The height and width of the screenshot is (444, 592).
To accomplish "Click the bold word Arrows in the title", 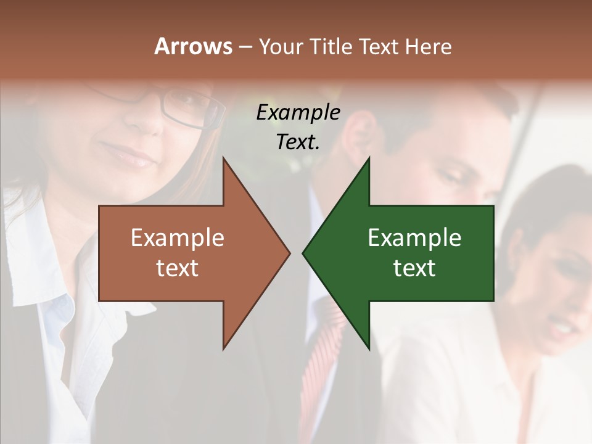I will point(192,46).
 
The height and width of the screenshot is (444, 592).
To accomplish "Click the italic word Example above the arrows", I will point(298,112).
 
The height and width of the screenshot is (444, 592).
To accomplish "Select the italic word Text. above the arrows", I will point(298,142).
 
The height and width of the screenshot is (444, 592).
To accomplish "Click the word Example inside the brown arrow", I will point(178,237).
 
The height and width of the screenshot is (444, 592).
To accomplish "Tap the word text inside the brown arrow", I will point(178,268).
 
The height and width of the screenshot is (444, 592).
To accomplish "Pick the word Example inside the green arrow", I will point(414,237).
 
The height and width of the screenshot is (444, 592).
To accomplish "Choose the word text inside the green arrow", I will point(414,268).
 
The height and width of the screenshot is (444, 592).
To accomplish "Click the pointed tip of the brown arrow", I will point(289,253).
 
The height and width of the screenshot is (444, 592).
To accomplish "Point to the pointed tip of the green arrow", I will point(303,253).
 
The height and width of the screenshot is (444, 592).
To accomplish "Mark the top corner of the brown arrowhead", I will point(223,158).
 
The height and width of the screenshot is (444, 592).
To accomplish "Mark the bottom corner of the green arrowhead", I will point(369,349).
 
